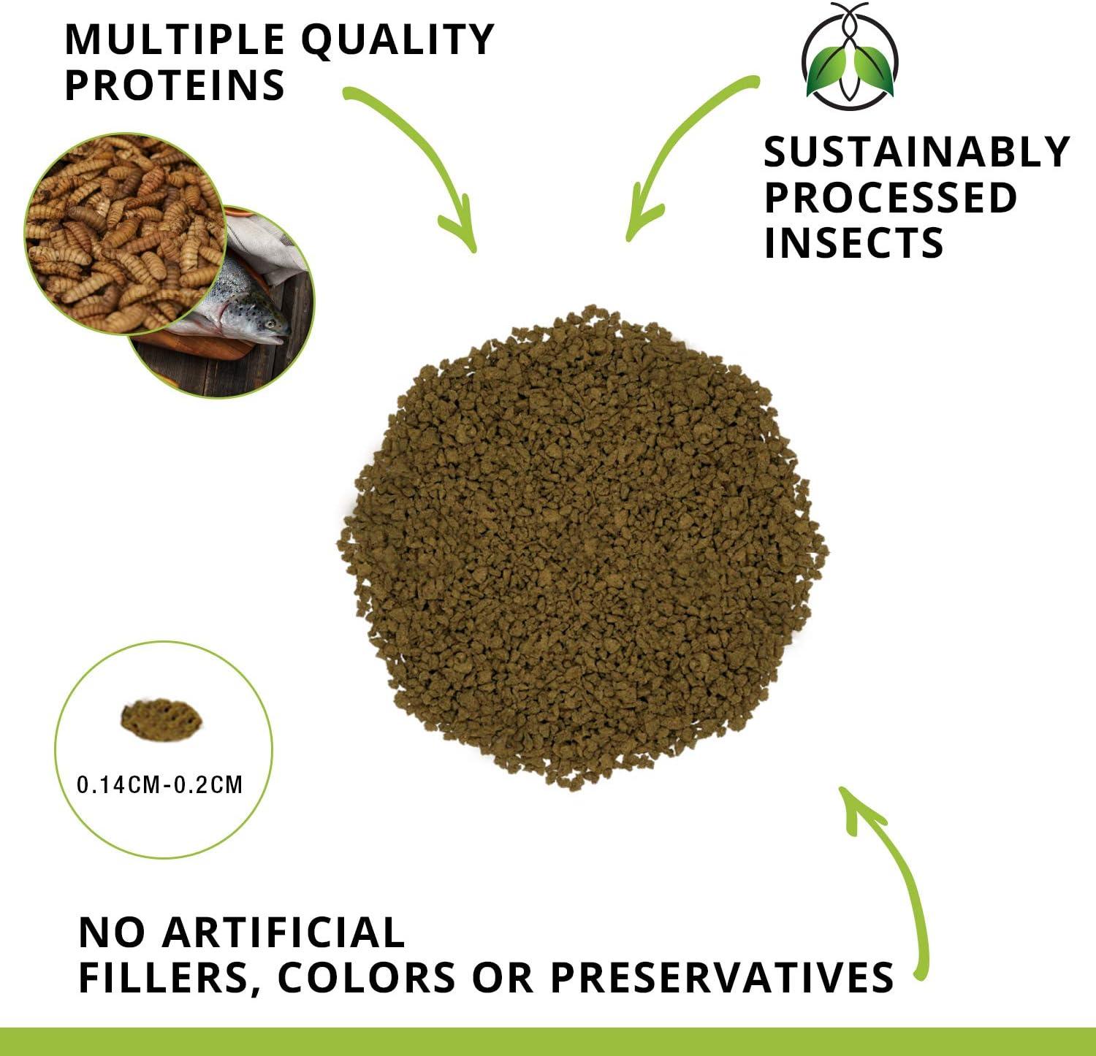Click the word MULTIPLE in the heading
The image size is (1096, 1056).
tap(174, 40)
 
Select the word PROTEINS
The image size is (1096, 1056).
tap(175, 85)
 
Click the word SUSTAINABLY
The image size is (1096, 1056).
tap(916, 152)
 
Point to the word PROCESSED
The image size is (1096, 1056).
tap(890, 197)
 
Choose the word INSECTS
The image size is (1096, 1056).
tap(853, 242)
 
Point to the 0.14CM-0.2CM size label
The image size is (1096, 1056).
tap(160, 785)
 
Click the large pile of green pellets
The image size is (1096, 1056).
tap(581, 548)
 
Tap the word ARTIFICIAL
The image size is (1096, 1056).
tap(282, 933)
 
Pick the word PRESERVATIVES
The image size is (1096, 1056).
tap(721, 977)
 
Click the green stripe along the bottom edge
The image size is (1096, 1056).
tap(548, 1042)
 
